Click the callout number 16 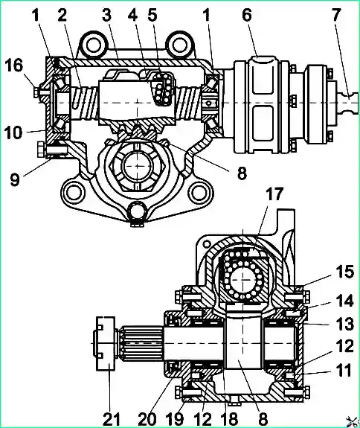tap(14, 66)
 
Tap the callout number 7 tap(336, 15)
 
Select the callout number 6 tap(246, 15)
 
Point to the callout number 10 tap(14, 133)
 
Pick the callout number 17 tap(274, 194)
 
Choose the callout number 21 tap(112, 418)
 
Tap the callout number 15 tap(344, 272)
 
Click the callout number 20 tap(147, 418)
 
